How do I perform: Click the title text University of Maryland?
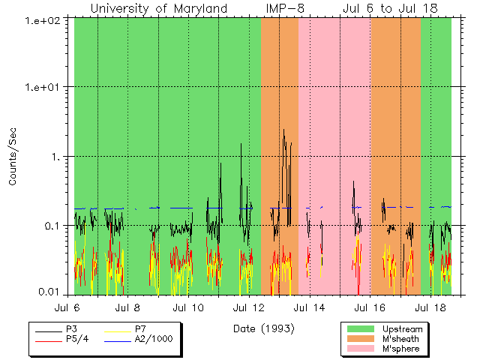[159, 8]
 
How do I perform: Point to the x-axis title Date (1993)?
[263, 328]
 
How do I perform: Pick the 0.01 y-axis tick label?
[55, 293]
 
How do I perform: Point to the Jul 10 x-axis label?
[188, 307]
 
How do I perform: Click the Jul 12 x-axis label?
[248, 307]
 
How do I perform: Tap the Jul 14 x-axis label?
[308, 307]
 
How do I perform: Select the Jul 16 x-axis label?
[368, 307]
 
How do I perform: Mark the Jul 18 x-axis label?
[428, 307]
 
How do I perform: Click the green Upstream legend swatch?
[359, 329]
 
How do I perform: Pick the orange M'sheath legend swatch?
[359, 339]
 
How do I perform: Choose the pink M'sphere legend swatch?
[359, 349]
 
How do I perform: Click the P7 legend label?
[140, 329]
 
